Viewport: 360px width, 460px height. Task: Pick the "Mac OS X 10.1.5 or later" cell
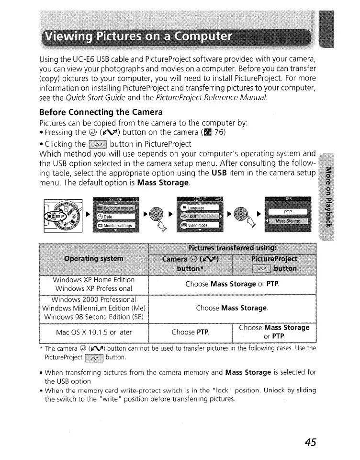(x=94, y=331)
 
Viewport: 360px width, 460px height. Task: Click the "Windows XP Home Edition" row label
(x=94, y=280)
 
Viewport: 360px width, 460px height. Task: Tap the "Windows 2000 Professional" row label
(x=94, y=300)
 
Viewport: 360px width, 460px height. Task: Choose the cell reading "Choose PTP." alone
(x=190, y=331)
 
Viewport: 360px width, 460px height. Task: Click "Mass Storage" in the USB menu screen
(x=288, y=221)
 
